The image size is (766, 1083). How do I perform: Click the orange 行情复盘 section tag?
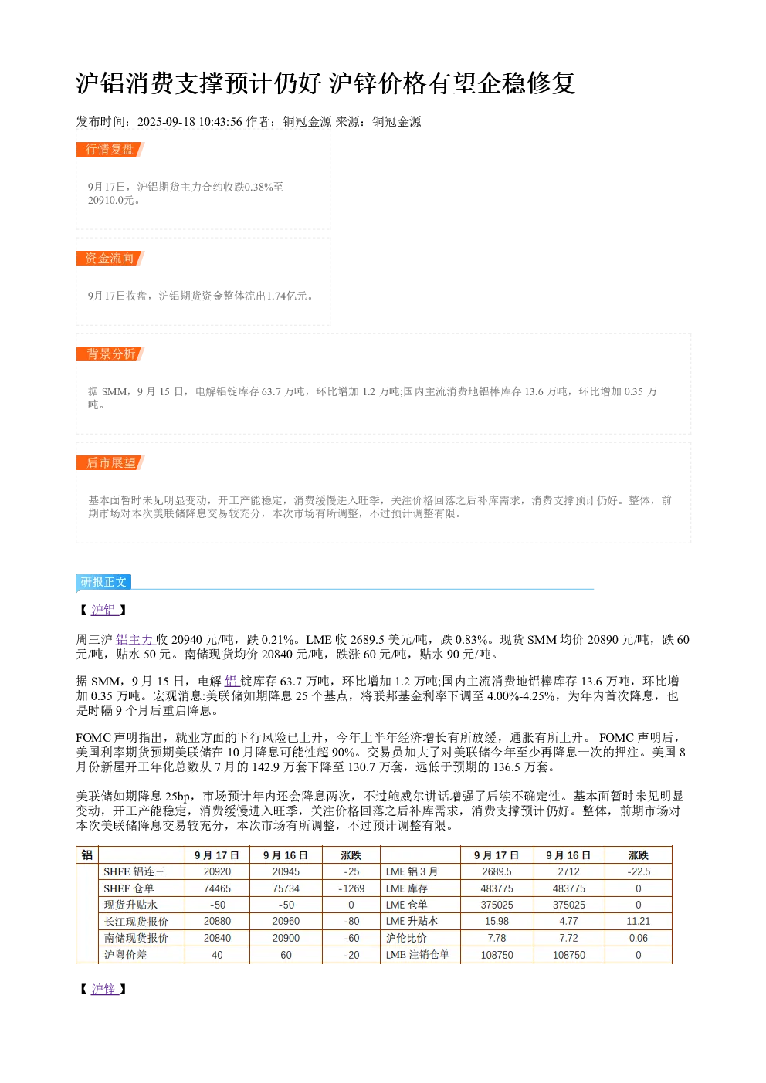coord(110,150)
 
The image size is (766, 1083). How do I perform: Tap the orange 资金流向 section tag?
coord(110,258)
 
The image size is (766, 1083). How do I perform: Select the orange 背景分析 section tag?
coord(110,354)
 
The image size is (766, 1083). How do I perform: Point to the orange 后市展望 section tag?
coord(110,462)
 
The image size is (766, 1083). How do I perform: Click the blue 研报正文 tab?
coord(103,581)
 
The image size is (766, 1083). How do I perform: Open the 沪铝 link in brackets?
coord(103,610)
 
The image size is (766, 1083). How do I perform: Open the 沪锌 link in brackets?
coord(103,989)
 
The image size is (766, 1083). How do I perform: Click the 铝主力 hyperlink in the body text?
coord(134,640)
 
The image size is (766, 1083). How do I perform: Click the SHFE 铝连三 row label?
coord(134,871)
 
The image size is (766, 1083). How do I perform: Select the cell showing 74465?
coord(217,888)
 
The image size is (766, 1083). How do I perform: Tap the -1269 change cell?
coord(351,888)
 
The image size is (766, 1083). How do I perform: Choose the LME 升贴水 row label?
coord(412,921)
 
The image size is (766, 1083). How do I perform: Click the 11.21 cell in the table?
coord(639,922)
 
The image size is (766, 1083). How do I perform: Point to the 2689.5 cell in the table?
coord(497,871)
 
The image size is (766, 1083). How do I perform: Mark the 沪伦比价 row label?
coord(406,938)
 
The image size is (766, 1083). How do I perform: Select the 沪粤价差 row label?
coord(125,955)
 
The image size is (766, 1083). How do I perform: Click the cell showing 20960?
coord(286,922)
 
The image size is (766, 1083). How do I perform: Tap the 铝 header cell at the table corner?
coord(87,855)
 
